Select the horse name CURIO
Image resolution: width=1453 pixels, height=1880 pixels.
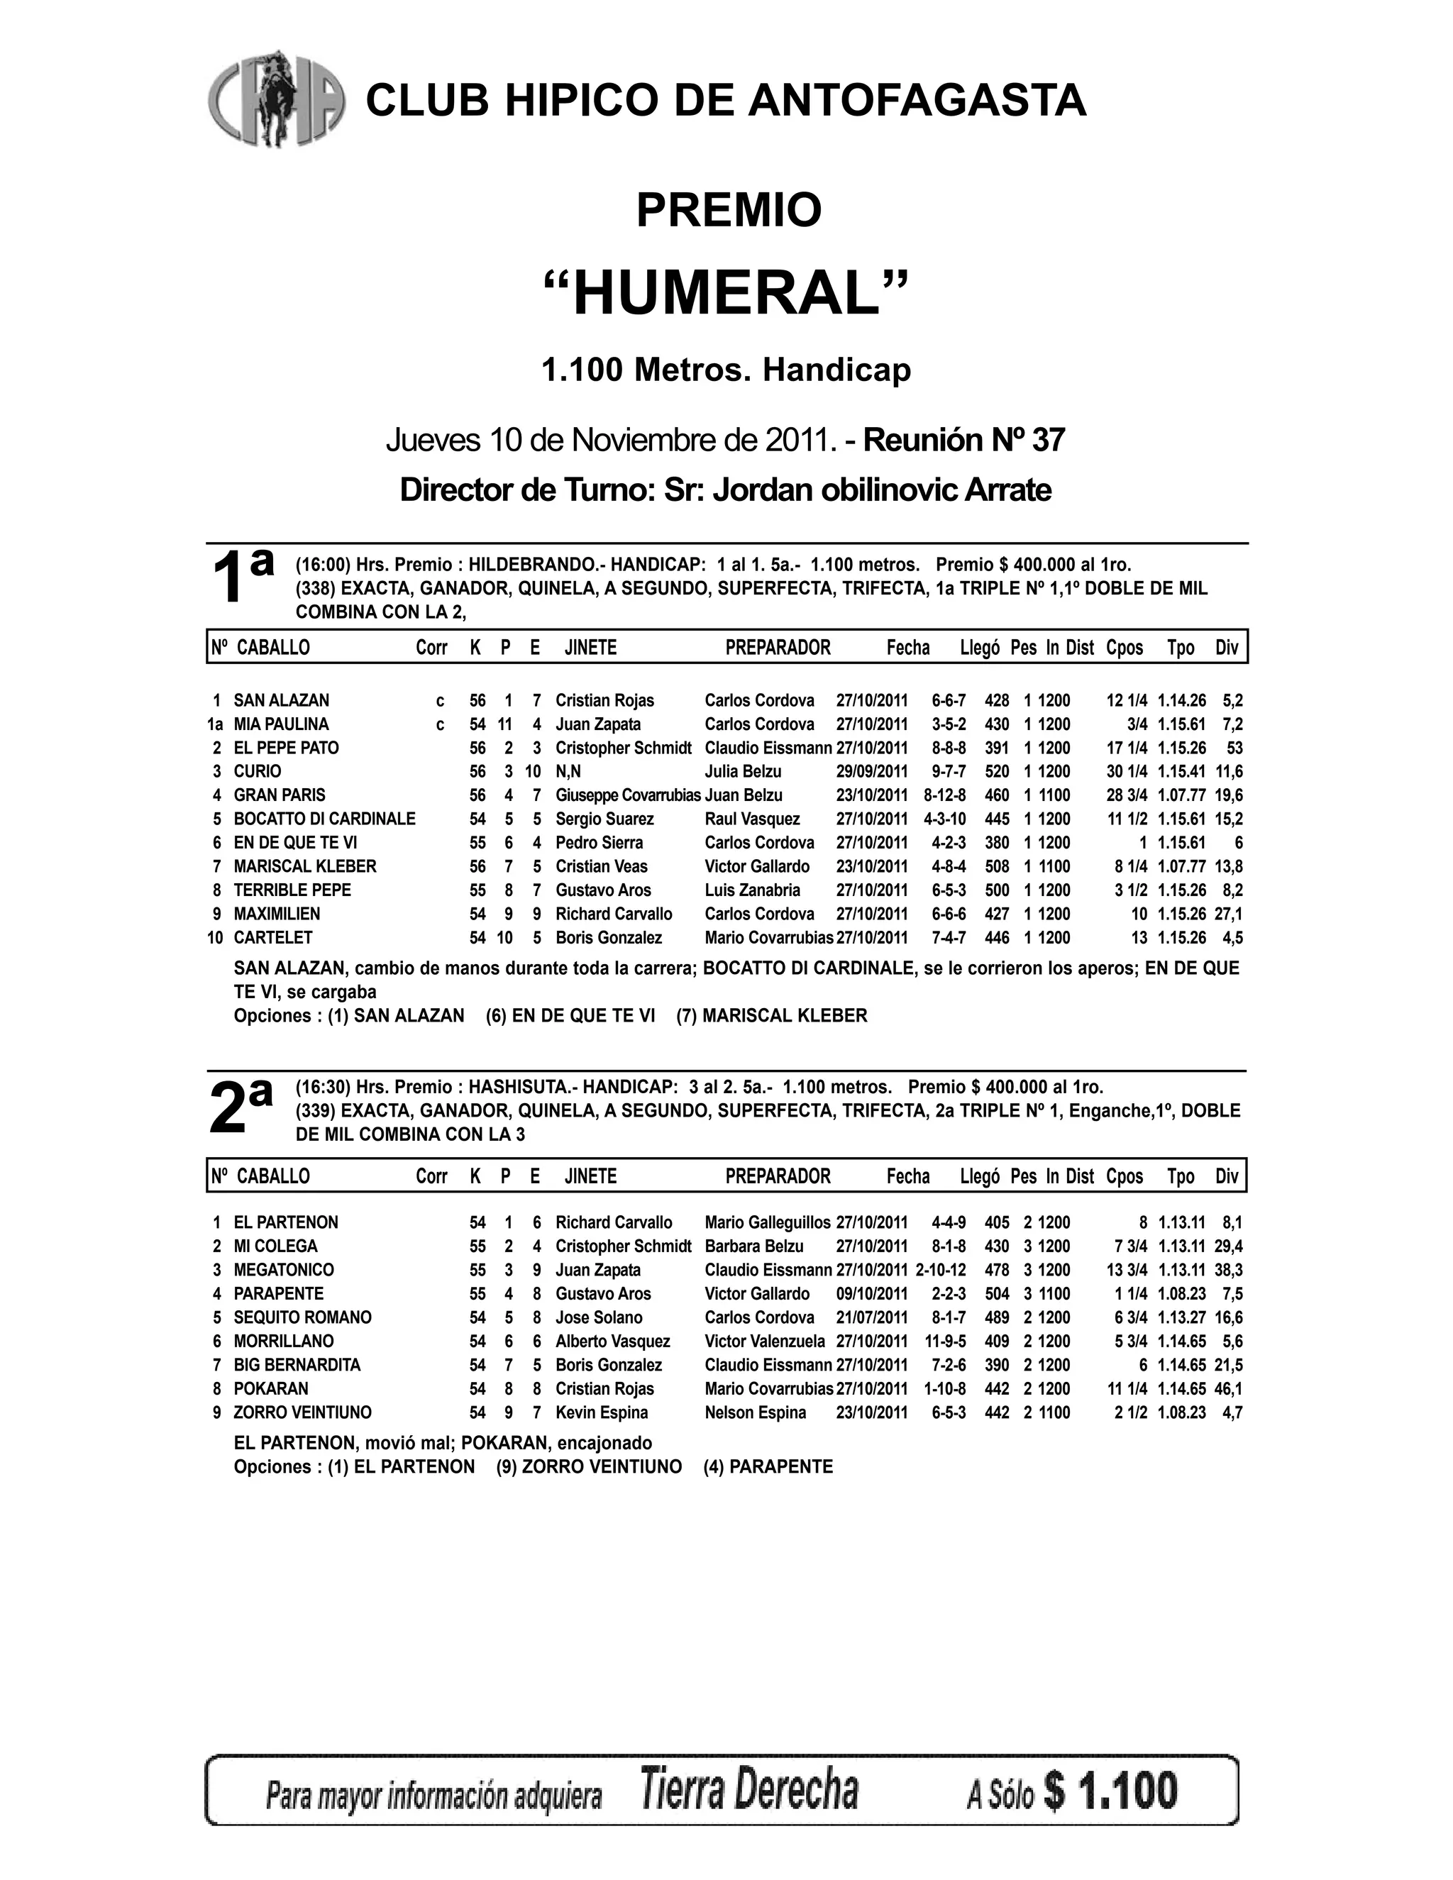(258, 771)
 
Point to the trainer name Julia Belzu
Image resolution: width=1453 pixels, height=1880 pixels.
(743, 771)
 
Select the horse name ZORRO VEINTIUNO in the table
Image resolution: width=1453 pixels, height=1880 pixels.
(302, 1412)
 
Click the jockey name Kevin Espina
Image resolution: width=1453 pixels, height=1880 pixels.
(602, 1412)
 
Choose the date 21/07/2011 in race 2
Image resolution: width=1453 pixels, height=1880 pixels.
(871, 1318)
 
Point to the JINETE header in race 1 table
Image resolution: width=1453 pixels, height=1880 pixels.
(590, 647)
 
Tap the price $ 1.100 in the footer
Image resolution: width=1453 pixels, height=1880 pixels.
(1110, 1791)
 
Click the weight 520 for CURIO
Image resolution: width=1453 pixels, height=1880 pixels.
(997, 771)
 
